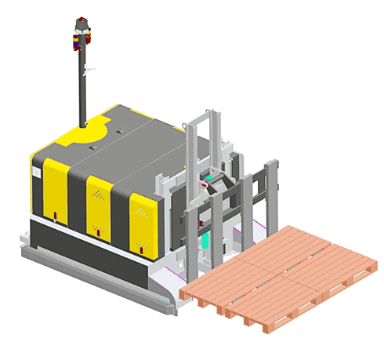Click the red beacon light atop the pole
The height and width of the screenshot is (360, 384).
tap(82, 33)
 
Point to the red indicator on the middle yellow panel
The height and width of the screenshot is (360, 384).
tap(97, 230)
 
